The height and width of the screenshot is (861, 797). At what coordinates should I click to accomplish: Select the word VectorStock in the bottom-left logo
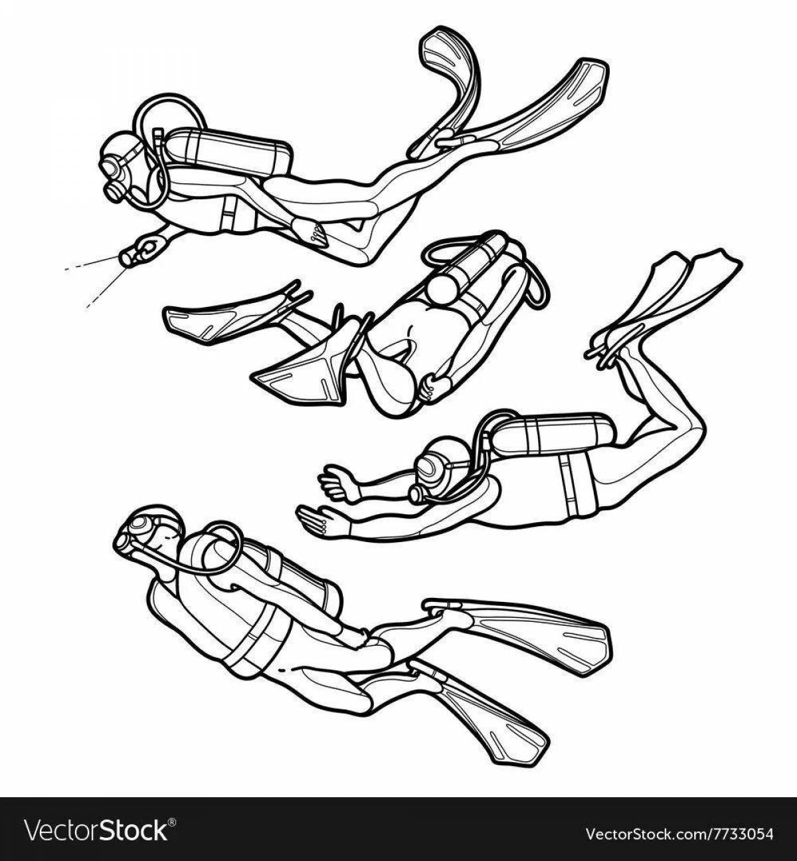[x=96, y=830]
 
